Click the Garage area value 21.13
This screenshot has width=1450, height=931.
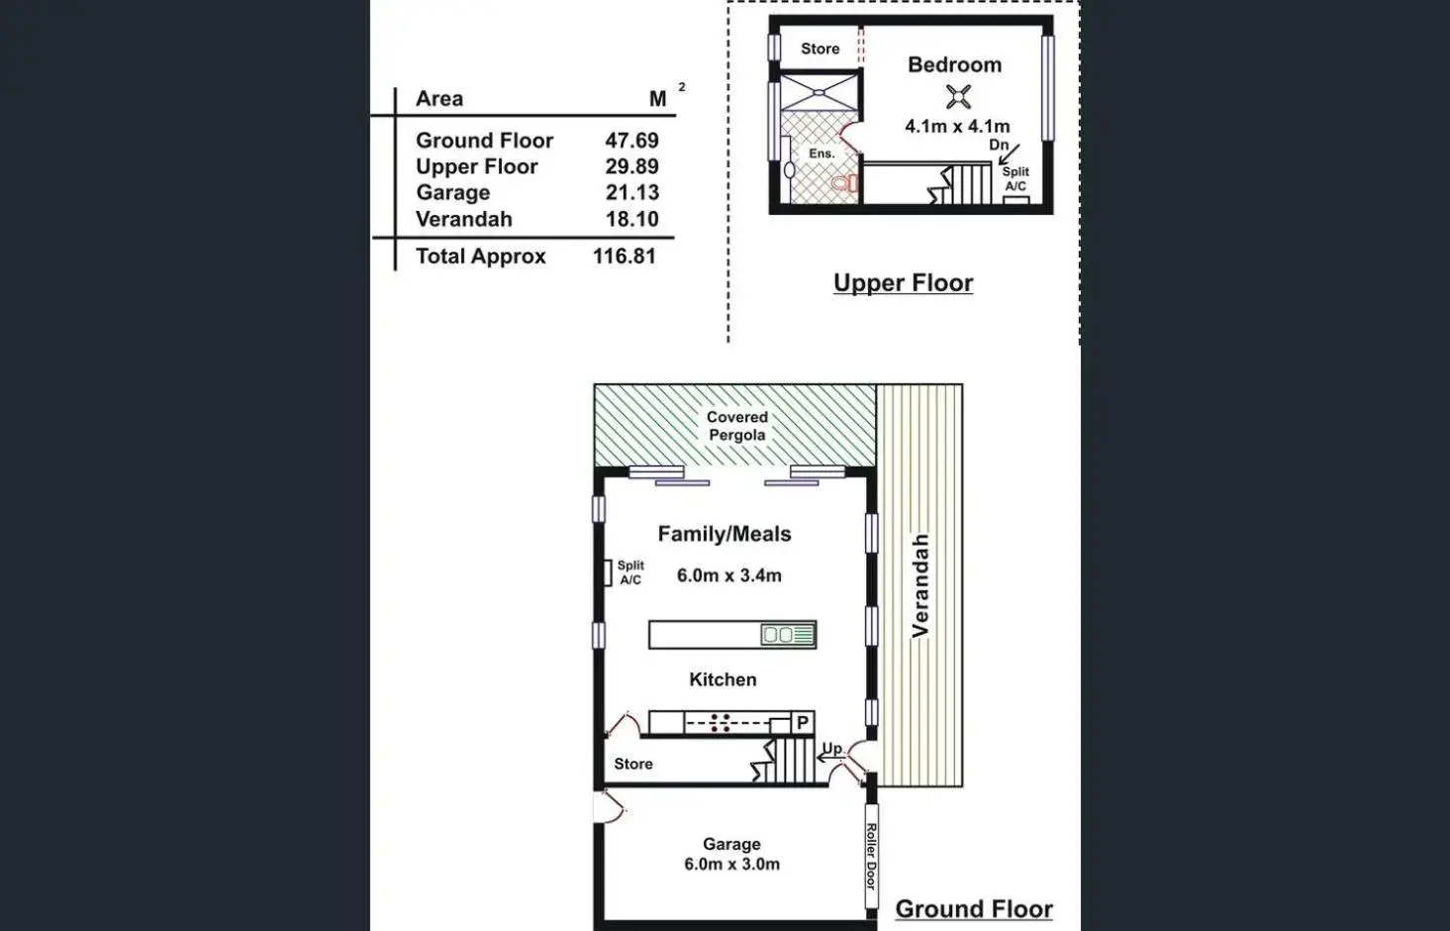pos(631,193)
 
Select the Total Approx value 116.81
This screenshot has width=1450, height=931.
pos(624,257)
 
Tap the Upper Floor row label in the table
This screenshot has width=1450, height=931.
pos(476,167)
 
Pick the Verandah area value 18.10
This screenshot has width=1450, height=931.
pos(631,220)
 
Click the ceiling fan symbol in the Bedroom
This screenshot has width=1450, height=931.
pos(957,97)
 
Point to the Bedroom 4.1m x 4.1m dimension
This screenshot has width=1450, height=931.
pos(957,127)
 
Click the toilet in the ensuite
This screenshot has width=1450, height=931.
pos(844,184)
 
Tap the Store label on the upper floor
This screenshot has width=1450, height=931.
pos(820,49)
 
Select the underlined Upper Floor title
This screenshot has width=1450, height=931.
pos(903,283)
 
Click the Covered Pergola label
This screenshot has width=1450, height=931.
pos(736,426)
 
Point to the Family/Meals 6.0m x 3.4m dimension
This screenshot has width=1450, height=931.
pos(728,575)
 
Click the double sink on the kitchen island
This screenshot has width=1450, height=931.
pos(778,635)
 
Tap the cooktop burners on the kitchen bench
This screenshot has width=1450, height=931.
pos(721,723)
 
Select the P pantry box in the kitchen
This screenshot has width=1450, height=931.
pos(803,723)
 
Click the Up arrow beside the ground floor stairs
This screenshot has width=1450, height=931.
pos(830,755)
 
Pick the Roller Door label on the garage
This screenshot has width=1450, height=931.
pos(871,856)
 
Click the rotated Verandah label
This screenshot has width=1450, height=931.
pos(920,584)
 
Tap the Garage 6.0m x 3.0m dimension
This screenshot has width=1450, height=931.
pos(731,865)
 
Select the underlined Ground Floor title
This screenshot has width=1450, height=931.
pos(973,909)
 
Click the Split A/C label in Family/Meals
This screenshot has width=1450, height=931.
pos(630,572)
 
